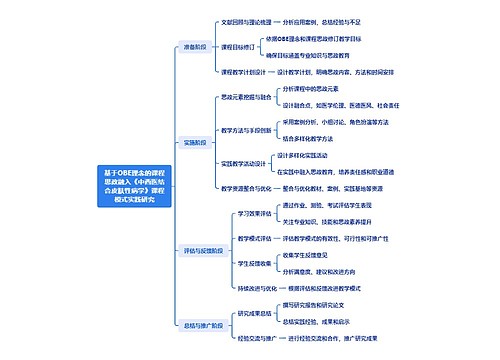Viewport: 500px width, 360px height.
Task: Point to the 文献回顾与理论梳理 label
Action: tap(246, 21)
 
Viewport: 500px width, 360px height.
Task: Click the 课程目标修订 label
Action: tap(236, 47)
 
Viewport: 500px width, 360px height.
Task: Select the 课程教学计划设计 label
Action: tap(243, 72)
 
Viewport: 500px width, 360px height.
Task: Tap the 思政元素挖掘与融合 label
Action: tap(244, 97)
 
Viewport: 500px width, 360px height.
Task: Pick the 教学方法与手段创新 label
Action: tap(244, 129)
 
